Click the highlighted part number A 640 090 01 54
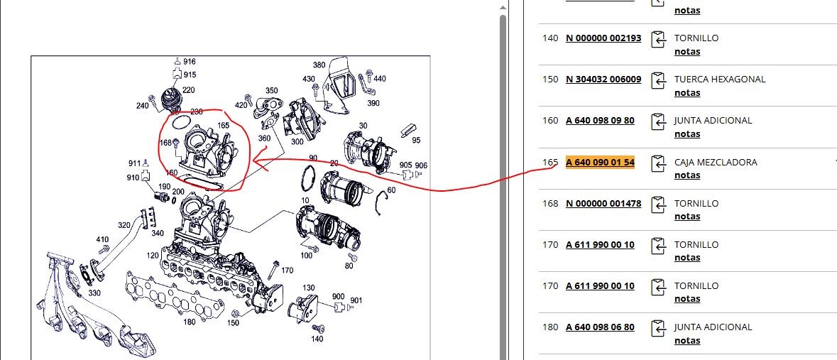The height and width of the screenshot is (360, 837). [x=600, y=162]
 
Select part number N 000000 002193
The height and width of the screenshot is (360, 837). [x=603, y=38]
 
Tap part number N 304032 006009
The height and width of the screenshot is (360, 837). [x=603, y=79]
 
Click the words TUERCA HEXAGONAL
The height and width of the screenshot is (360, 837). [x=720, y=79]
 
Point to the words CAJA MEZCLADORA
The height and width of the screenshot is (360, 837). [x=716, y=162]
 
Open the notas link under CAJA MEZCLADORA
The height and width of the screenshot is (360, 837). [x=687, y=175]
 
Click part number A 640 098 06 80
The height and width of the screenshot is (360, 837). [x=600, y=327]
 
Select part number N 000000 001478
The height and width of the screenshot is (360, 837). [x=603, y=203]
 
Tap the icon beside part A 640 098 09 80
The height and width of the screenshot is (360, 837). [x=659, y=121]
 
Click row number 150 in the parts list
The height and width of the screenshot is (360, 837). [x=549, y=79]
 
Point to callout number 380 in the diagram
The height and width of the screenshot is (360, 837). [x=319, y=65]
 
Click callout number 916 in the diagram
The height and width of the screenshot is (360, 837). [x=190, y=62]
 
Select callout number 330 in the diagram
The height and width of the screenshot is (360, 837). [x=94, y=293]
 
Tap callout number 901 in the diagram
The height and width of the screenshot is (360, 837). [x=356, y=300]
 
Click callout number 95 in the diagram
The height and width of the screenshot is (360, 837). [x=416, y=140]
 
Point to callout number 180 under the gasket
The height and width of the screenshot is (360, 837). [x=190, y=322]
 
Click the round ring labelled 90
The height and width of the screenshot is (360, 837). [x=307, y=178]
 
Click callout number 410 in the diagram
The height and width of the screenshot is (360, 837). [x=102, y=239]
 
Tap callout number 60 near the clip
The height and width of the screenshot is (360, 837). [x=391, y=190]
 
